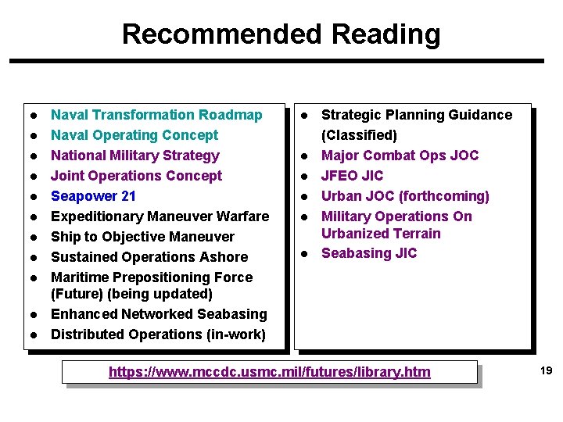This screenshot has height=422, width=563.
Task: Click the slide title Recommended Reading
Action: pos(281,34)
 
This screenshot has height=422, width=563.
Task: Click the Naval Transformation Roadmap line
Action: pos(156,115)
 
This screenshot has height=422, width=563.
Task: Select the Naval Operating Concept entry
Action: pos(134,135)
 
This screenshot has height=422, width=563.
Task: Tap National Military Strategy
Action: pos(134,156)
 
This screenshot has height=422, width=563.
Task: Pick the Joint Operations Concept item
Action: pos(136,176)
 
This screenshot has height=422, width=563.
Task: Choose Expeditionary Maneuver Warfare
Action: pos(160,216)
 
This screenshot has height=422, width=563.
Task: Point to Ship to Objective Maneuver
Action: pos(142,237)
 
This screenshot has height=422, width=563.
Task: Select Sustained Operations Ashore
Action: pos(149,257)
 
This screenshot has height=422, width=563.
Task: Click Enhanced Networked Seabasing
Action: pos(159,314)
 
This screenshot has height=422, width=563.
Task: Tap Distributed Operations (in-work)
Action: pos(158,334)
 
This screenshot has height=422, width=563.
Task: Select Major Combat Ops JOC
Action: pos(400,156)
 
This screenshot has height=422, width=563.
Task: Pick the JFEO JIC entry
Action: pos(352,176)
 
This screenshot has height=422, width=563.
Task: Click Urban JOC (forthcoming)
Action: pos(405,196)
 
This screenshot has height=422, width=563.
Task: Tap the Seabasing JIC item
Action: pos(369,253)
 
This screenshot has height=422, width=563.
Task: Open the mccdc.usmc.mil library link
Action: pos(269,372)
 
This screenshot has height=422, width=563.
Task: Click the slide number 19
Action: pos(546,371)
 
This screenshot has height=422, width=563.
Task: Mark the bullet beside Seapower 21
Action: pos(34,197)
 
